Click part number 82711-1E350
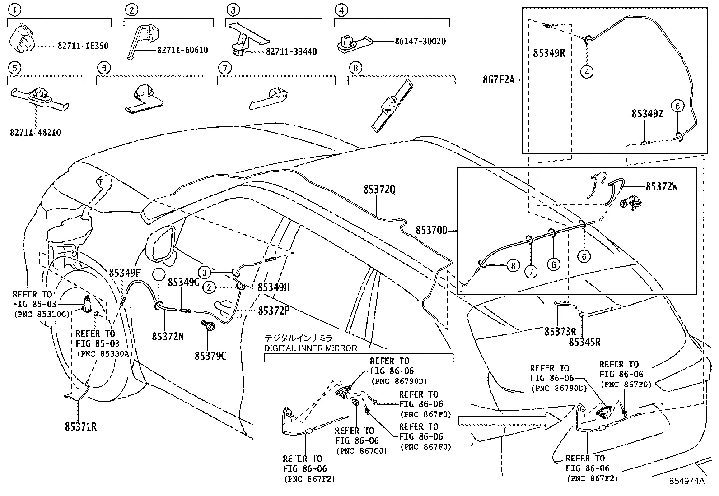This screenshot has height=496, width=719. click(x=83, y=46)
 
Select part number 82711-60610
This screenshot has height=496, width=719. click(x=182, y=50)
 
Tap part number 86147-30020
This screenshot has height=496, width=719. click(x=420, y=41)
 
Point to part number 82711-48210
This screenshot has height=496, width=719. click(x=35, y=133)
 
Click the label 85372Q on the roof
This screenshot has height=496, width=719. click(x=379, y=190)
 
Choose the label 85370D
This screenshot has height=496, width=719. click(x=431, y=231)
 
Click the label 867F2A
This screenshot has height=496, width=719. click(x=498, y=80)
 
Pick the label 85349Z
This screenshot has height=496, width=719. click(x=647, y=114)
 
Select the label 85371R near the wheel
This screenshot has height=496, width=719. click(x=80, y=426)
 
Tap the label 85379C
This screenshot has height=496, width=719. click(x=210, y=356)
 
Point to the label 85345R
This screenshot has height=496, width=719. click(x=584, y=342)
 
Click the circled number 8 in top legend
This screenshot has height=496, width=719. click(x=356, y=68)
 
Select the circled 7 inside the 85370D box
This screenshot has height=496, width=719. click(x=531, y=271)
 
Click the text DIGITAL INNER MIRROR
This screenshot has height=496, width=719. click(x=310, y=348)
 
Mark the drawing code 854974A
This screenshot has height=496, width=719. click(x=686, y=481)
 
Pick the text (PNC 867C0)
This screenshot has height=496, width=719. click(x=361, y=450)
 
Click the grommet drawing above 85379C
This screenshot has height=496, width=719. click(x=210, y=326)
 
